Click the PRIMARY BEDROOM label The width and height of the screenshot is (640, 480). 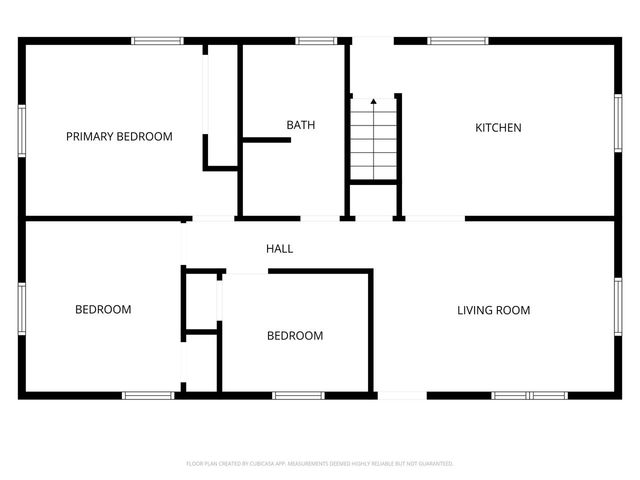tap(119, 137)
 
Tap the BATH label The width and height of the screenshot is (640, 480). tap(301, 125)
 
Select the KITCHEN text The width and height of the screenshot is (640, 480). tap(498, 128)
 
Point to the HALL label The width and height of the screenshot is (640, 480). tap(279, 248)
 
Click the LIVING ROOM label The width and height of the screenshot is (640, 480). tap(494, 310)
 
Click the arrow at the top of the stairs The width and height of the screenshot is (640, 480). tap(374, 101)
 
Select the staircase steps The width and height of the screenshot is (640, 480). tap(374, 144)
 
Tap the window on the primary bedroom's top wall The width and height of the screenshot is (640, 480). tap(158, 41)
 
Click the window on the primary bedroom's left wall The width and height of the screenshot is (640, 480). tap(21, 129)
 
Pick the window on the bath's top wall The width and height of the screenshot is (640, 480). tap(315, 41)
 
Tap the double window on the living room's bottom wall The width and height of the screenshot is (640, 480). tap(529, 396)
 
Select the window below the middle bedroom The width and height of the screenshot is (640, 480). tap(299, 396)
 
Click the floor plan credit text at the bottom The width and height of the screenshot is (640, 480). tap(320, 464)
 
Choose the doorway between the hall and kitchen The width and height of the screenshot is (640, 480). tap(436, 218)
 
